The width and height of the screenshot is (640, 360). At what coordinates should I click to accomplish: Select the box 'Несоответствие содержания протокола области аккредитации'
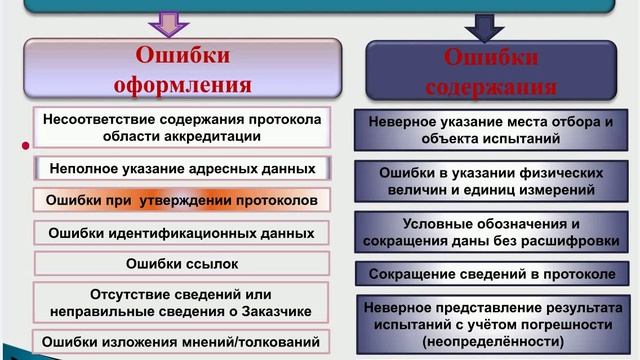point(181,127)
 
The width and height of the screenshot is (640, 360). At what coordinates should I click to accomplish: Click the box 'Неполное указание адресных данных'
point(181,169)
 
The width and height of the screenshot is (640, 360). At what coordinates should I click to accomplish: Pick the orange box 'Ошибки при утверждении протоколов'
point(181,200)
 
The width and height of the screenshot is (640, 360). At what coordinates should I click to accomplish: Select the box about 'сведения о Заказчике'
point(181,301)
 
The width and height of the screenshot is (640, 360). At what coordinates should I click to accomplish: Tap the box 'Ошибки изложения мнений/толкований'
point(181,339)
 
